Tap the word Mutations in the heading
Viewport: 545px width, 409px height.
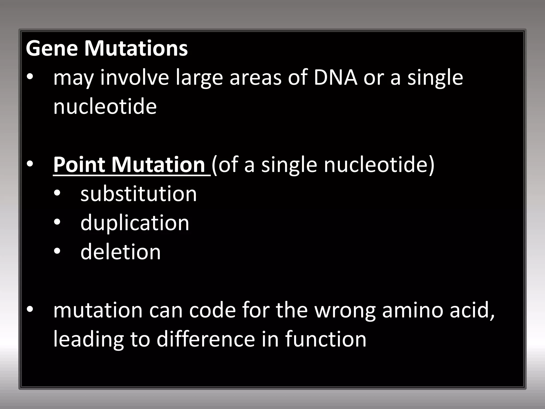136,48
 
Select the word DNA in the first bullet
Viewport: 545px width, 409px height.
335,77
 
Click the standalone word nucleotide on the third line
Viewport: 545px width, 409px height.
105,107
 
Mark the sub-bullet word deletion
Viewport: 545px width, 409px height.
121,252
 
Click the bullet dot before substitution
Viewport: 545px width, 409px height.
57,194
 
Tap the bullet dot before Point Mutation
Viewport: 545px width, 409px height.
30,165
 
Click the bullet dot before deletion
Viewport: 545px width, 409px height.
57,252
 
